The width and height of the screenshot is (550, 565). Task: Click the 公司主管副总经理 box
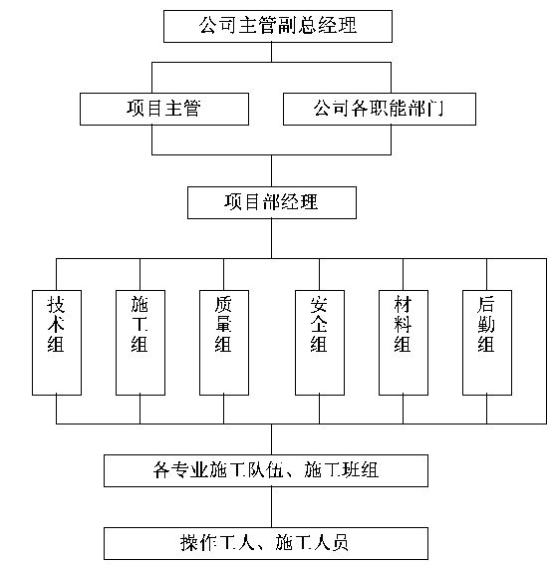point(278,26)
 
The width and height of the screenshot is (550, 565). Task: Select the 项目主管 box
point(164,110)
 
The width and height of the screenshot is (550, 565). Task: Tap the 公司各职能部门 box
point(380,110)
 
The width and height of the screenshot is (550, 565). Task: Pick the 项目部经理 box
point(272,202)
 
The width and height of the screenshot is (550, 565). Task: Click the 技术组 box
point(57,343)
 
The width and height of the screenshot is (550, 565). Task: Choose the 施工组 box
point(140,343)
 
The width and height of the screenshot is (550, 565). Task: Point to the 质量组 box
point(224,343)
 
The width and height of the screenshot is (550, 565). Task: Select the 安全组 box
point(320,343)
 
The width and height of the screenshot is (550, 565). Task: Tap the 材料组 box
point(404,343)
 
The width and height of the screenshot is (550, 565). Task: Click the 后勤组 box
point(487,343)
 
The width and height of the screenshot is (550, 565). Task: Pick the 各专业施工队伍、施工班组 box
point(266,470)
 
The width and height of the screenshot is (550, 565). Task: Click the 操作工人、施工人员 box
point(266,543)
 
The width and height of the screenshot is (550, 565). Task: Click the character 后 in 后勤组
point(486,304)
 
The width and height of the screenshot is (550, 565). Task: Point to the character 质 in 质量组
point(223,304)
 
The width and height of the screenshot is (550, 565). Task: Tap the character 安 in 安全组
point(319,304)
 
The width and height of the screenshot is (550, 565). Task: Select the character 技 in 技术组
point(56,304)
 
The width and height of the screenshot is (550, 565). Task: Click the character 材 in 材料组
point(403,304)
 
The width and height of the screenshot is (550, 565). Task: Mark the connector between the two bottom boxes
point(272,507)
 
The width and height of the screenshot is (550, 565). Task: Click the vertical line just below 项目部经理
point(272,238)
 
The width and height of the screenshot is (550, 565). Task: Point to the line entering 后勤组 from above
point(487,275)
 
